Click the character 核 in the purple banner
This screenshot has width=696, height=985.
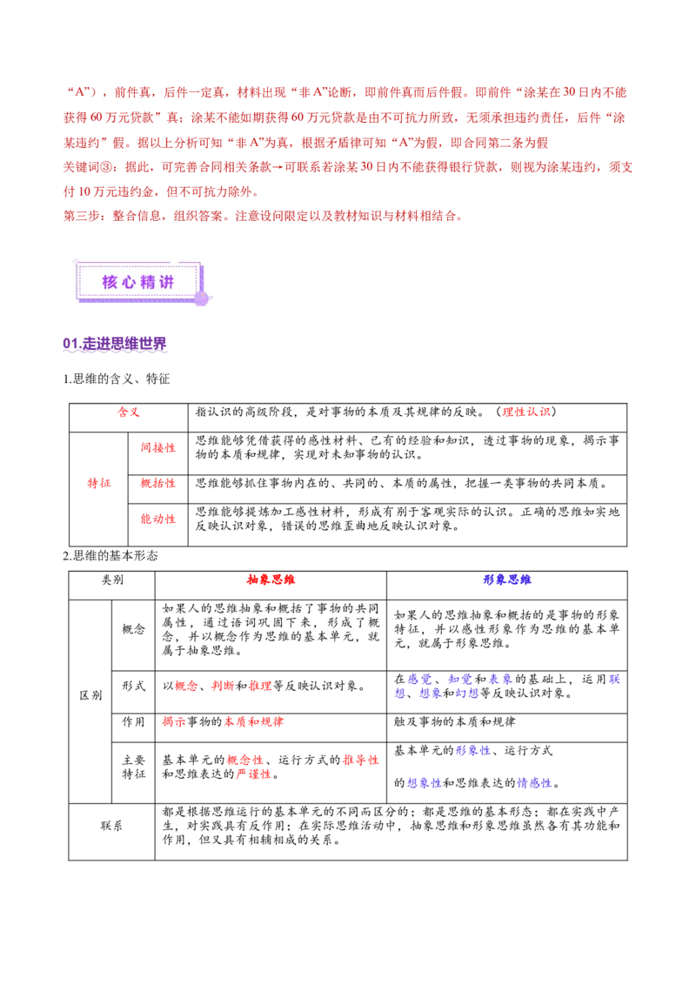coord(109,282)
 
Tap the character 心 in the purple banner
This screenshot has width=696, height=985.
coord(128,282)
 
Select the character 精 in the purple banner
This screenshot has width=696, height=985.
coord(147,282)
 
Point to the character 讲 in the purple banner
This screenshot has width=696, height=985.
coord(166,282)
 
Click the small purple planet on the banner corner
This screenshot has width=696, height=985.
coord(201,298)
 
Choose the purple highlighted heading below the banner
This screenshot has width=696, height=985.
coord(114,344)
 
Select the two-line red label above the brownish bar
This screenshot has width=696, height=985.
coord(248,766)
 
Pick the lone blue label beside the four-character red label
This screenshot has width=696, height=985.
coord(506,580)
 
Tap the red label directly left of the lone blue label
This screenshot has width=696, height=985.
coord(271,580)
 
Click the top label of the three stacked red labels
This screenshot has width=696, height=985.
coord(157,447)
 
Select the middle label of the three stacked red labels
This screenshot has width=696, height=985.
coord(157,483)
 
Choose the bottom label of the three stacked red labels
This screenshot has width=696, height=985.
coord(158,519)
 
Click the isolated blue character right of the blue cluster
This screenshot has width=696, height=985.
coord(615,680)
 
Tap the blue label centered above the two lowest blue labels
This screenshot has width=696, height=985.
coord(473,751)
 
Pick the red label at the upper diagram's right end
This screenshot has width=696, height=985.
coord(525,412)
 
